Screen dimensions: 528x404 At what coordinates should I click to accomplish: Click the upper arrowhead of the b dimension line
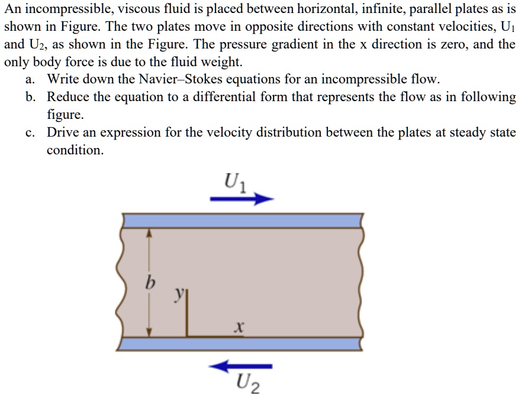coord(150,233)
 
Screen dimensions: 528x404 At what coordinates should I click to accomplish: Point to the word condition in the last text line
coord(75,150)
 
